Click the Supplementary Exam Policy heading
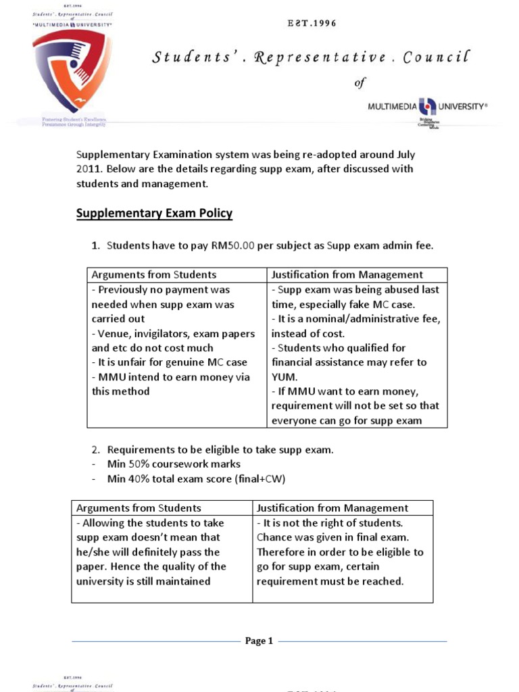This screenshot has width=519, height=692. click(x=154, y=214)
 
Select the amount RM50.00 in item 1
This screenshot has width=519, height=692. click(x=232, y=246)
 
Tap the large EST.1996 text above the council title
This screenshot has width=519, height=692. click(x=312, y=24)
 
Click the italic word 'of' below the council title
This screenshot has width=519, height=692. click(x=360, y=82)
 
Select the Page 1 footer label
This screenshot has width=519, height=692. click(x=259, y=641)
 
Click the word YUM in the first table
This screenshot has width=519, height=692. click(x=283, y=376)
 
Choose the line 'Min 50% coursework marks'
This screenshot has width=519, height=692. click(x=174, y=464)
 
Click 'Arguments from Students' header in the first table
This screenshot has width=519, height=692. click(x=154, y=274)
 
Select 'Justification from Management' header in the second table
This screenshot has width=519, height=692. click(x=332, y=508)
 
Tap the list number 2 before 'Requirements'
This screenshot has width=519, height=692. click(x=95, y=449)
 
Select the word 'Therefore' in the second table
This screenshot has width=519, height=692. click(x=280, y=552)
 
